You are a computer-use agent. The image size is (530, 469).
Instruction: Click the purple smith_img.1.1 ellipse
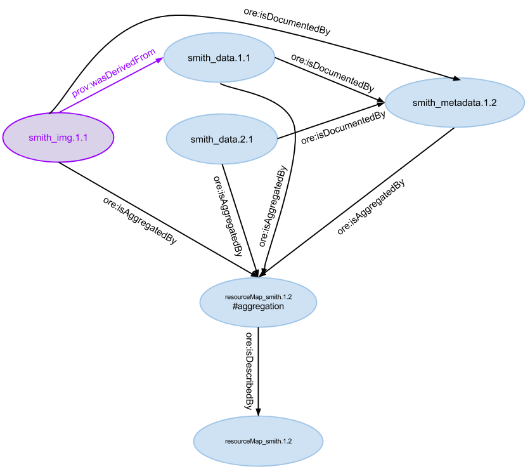click(x=58, y=137)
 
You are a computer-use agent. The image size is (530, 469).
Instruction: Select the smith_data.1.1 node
click(x=219, y=58)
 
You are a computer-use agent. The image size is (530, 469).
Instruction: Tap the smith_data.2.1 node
click(x=221, y=140)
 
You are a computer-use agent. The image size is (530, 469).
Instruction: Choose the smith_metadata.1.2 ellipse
click(x=455, y=102)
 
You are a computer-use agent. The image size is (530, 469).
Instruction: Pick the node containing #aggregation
click(x=258, y=301)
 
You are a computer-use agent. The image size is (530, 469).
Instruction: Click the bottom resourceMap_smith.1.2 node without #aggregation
click(x=258, y=440)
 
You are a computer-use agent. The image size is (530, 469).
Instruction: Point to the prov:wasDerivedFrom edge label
click(x=113, y=72)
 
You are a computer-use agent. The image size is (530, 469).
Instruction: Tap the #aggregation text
click(x=258, y=307)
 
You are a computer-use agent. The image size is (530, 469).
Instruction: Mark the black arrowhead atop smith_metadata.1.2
click(x=456, y=78)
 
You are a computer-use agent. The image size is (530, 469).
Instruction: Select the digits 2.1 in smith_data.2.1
click(x=245, y=140)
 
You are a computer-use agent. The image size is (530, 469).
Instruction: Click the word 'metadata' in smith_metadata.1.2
click(x=458, y=102)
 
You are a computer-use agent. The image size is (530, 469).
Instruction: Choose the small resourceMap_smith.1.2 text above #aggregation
click(x=258, y=296)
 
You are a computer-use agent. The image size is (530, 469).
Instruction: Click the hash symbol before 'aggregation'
click(x=235, y=307)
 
